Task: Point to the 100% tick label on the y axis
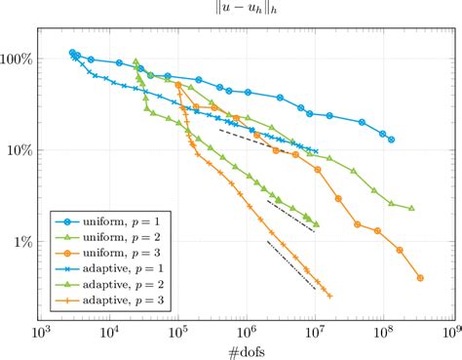tap(19, 60)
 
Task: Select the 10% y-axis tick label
tap(21, 151)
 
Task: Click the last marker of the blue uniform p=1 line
tap(391, 140)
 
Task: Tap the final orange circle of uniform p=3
tap(420, 278)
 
